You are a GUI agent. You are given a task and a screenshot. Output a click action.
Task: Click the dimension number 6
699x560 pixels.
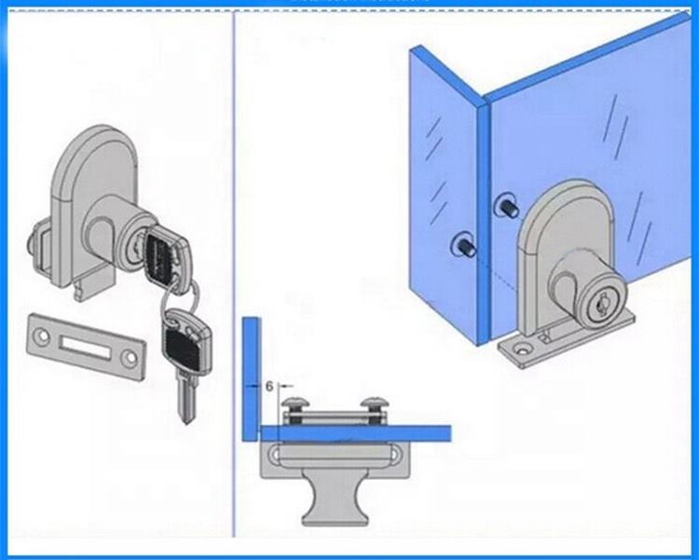(x=268, y=386)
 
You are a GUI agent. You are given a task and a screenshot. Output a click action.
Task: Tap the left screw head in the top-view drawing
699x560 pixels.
(x=295, y=404)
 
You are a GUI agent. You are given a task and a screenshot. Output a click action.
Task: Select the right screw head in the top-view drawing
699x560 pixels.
(x=376, y=403)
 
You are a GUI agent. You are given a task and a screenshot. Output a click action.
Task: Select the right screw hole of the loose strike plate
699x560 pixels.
(x=130, y=358)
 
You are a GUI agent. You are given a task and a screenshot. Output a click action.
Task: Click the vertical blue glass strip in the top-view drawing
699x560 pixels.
(x=251, y=379)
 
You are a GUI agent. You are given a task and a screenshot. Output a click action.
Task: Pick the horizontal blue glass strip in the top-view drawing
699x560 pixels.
(x=356, y=433)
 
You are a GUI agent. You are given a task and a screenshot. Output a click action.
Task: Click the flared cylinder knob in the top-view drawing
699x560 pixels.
(x=336, y=500)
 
